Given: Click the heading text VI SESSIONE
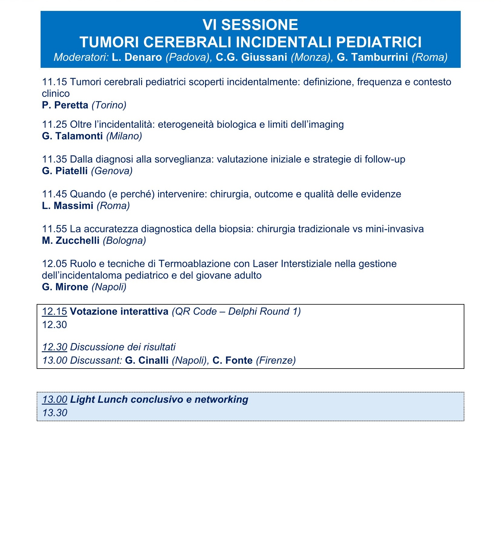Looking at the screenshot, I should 250,25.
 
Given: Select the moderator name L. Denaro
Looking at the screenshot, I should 137,57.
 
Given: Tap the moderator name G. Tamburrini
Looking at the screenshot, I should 372,57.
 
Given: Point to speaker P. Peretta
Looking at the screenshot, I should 65,105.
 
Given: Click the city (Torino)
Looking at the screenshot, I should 109,105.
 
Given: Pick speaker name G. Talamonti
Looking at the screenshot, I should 72,136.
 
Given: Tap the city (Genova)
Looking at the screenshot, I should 112,171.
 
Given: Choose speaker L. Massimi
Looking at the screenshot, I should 68,206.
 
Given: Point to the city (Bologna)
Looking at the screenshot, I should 124,240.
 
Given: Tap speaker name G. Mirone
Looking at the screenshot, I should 65,287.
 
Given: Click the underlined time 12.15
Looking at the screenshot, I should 55,311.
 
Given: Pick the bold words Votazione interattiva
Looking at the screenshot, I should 119,311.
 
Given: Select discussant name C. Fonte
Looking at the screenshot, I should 232,360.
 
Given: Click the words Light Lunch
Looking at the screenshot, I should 99,399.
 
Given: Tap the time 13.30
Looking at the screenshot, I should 55,413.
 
